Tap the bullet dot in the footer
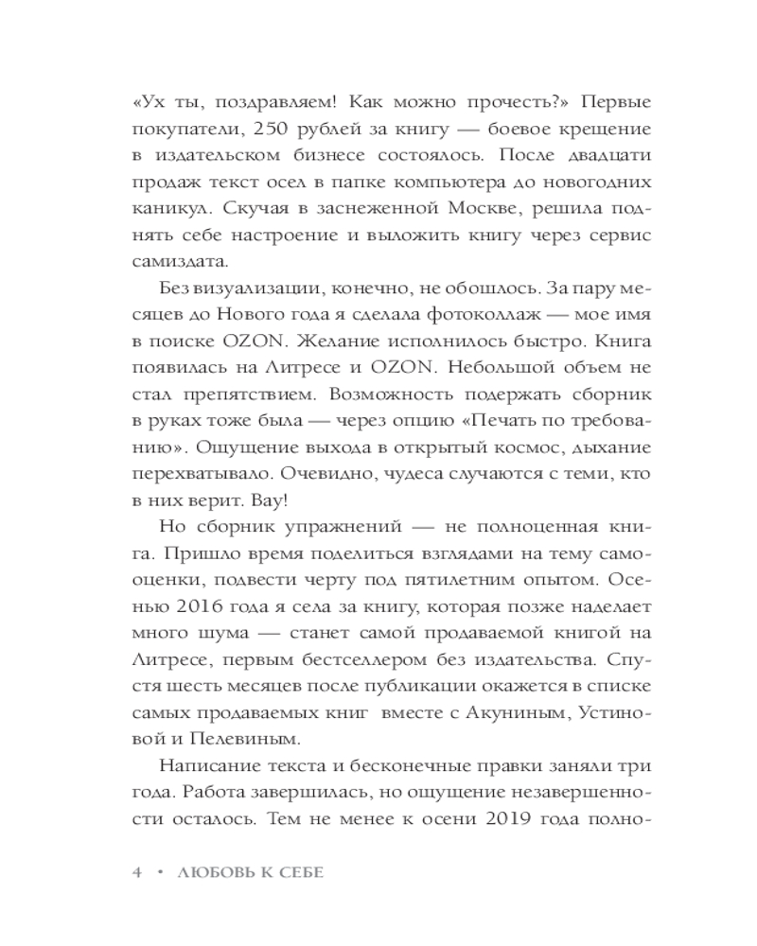[162, 874]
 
